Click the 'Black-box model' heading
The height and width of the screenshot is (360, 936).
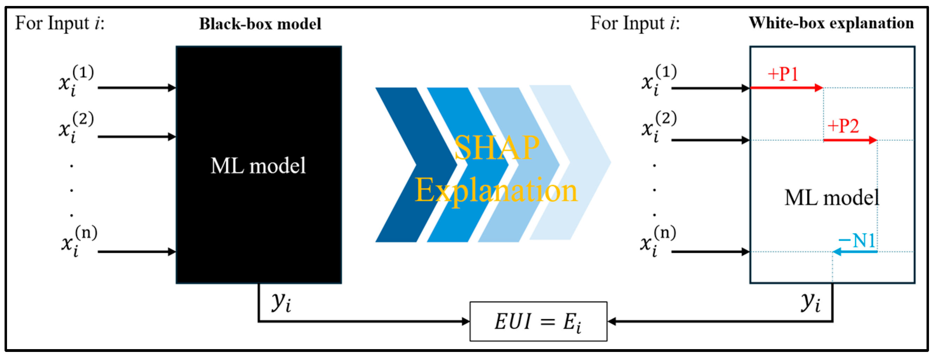click(260, 24)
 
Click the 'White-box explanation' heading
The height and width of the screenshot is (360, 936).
click(831, 23)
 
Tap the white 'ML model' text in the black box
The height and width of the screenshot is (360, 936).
click(258, 166)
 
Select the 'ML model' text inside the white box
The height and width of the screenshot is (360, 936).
click(831, 198)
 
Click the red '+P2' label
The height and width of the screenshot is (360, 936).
click(843, 126)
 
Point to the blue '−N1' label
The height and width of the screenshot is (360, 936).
click(856, 240)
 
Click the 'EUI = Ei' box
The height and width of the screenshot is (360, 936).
click(538, 321)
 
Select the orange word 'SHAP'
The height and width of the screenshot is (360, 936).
click(496, 148)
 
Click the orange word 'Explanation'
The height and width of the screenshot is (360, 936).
click(496, 191)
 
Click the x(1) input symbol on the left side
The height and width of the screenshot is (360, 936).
click(75, 81)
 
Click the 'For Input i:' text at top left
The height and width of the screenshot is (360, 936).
click(60, 23)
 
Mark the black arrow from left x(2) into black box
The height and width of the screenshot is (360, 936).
click(136, 137)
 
